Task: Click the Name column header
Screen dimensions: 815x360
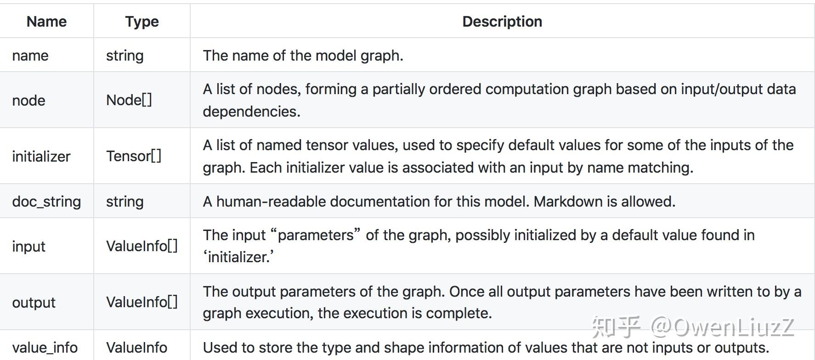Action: click(46, 22)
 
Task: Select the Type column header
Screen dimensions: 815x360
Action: click(142, 22)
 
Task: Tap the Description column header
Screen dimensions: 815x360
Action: click(502, 22)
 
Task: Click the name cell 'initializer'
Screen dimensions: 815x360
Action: click(41, 157)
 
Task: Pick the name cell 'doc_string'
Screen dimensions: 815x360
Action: click(46, 202)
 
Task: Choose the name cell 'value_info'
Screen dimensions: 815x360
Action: click(45, 348)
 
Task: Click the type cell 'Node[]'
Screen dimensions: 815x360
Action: click(129, 100)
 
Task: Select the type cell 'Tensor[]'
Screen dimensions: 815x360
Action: click(134, 156)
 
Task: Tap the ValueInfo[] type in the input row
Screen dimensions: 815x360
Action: click(141, 246)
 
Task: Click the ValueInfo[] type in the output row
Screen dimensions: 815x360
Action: click(141, 302)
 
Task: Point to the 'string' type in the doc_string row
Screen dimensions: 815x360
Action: click(125, 202)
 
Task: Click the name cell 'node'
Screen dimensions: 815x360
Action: click(28, 101)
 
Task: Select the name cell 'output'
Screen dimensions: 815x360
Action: click(34, 303)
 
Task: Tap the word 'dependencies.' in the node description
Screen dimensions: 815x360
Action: click(251, 112)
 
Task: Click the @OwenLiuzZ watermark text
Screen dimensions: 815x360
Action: click(722, 327)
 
